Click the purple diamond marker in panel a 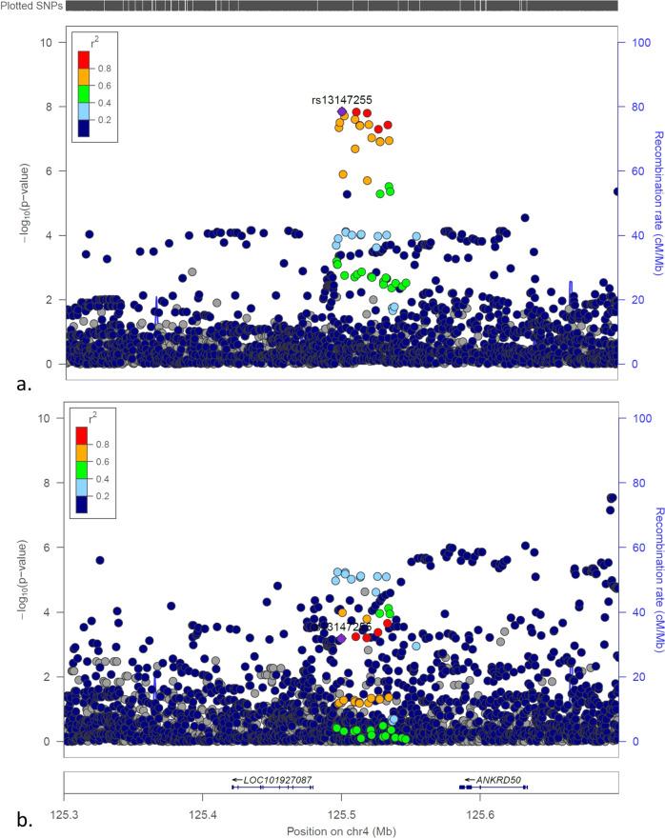tap(342, 111)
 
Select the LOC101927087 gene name tap(277, 780)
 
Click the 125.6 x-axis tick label tap(479, 809)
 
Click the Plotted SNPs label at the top tap(31, 7)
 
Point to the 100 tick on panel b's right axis tap(635, 418)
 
